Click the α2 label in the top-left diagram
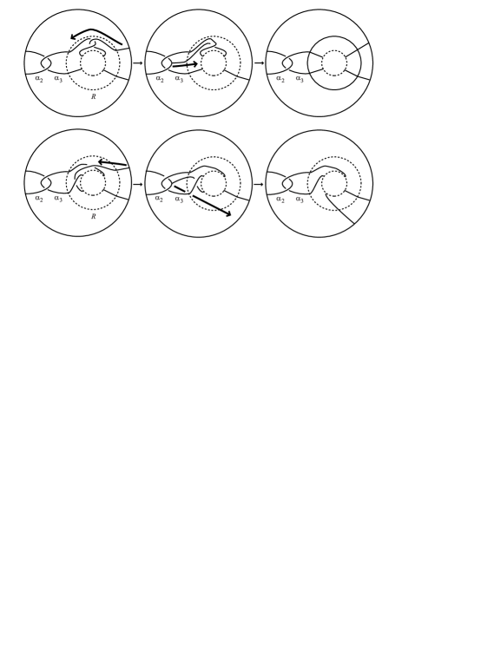click(x=39, y=79)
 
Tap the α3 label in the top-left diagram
click(x=58, y=79)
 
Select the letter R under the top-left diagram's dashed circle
click(x=93, y=96)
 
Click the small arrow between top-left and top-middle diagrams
click(x=138, y=63)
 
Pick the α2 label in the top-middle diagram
click(x=160, y=79)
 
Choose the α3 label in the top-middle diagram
click(x=179, y=79)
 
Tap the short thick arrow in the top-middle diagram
click(x=185, y=65)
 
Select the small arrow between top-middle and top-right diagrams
click(x=259, y=63)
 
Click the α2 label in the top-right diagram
click(x=280, y=79)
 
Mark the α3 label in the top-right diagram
click(x=300, y=79)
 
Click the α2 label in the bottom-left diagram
click(x=39, y=199)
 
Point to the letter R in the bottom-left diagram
click(x=93, y=216)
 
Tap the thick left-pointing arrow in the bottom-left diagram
click(x=112, y=163)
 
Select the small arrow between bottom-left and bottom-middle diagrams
click(x=138, y=184)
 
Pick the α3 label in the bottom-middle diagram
click(x=179, y=199)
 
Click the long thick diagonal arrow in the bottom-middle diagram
click(x=203, y=201)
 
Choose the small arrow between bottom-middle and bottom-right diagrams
click(x=259, y=184)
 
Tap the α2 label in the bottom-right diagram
click(x=280, y=200)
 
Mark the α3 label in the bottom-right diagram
click(x=300, y=200)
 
